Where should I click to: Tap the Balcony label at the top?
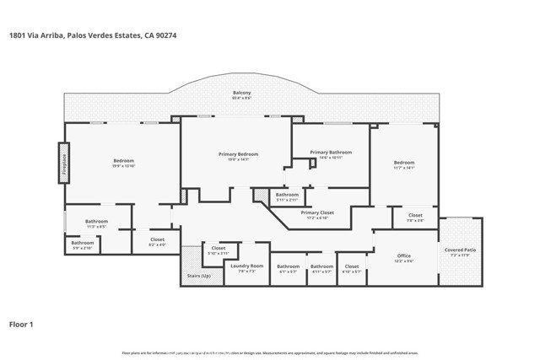pyautogui.click(x=242, y=93)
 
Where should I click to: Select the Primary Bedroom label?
pyautogui.click(x=238, y=154)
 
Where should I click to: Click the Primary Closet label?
pyautogui.click(x=317, y=212)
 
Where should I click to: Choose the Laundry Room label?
pyautogui.click(x=247, y=266)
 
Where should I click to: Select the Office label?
pyautogui.click(x=403, y=255)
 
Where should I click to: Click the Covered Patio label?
pyautogui.click(x=460, y=250)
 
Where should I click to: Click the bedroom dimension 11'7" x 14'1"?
pyautogui.click(x=403, y=168)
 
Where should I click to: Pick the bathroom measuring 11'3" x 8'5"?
pyautogui.click(x=96, y=227)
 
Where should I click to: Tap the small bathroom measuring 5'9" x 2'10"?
pyautogui.click(x=82, y=248)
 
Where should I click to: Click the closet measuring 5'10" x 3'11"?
pyautogui.click(x=219, y=253)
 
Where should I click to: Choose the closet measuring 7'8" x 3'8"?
pyautogui.click(x=415, y=221)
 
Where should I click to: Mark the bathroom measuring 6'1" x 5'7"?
pyautogui.click(x=288, y=271)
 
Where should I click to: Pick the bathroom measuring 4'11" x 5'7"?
pyautogui.click(x=321, y=271)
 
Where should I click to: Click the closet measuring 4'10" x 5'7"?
pyautogui.click(x=352, y=271)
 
